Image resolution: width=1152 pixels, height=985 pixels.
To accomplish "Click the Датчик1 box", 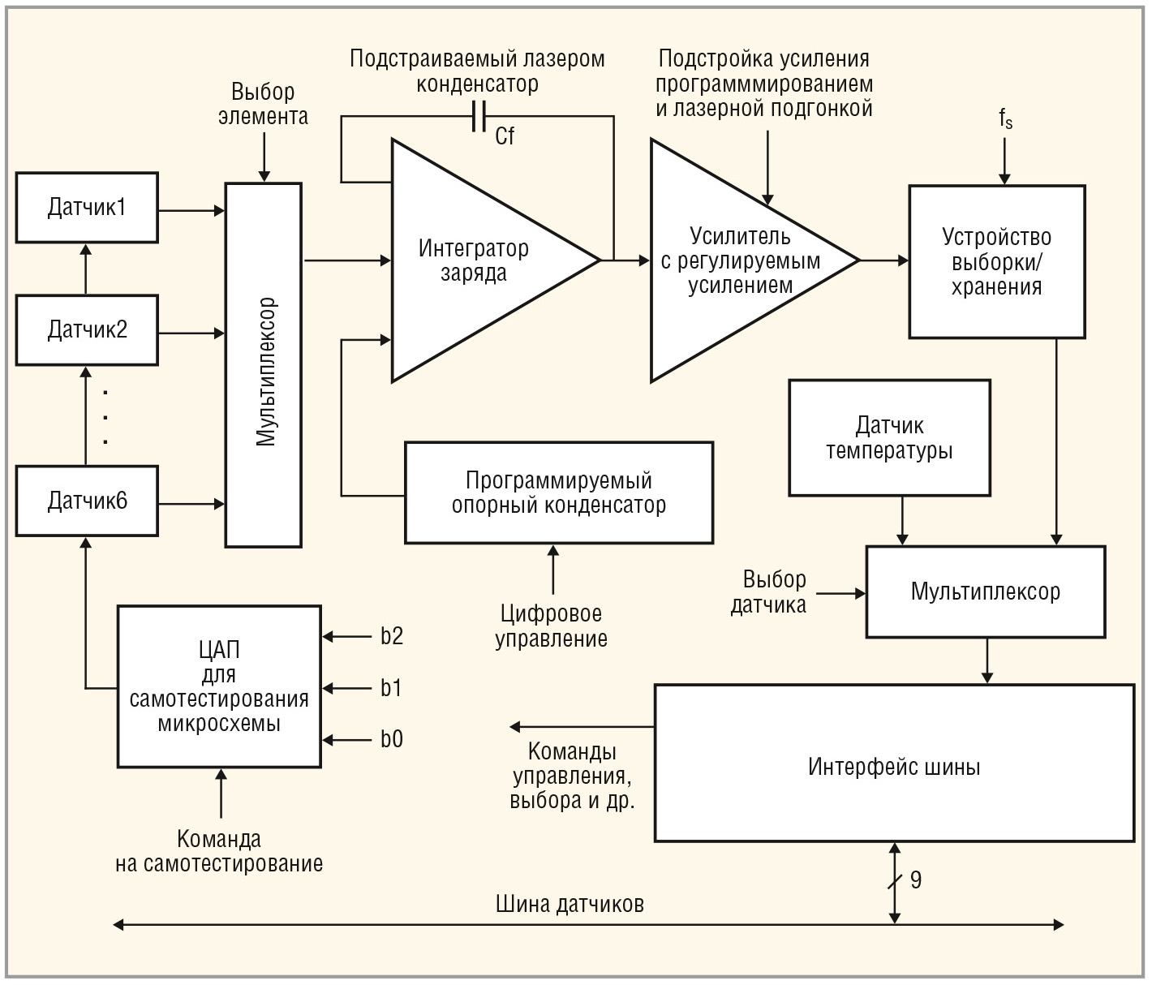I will tap(87, 208).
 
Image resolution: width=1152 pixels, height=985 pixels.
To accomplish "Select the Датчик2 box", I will tap(87, 330).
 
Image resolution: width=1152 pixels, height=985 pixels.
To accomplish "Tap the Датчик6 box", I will tap(87, 501).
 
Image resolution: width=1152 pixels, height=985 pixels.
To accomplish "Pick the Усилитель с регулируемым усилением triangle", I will tap(739, 260).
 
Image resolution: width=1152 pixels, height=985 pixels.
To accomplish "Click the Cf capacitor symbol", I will tap(479, 118).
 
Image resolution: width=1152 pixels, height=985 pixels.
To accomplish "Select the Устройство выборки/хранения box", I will tap(996, 261).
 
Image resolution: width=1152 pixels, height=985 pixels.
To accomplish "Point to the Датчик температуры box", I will tap(889, 438).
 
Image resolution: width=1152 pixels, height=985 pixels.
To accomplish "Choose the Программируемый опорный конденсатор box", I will tap(559, 492).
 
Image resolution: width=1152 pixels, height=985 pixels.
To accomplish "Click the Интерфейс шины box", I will tap(894, 763).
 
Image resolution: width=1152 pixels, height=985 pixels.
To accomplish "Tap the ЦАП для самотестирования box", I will tap(219, 686).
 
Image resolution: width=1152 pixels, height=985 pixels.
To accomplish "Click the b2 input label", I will tap(392, 636).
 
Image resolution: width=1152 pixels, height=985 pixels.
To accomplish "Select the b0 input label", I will tap(392, 739).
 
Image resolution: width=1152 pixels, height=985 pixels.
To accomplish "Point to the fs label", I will tap(1005, 119).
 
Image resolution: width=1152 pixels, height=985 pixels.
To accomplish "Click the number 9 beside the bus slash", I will tap(916, 880).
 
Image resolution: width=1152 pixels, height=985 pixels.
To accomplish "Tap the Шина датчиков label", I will tap(570, 905).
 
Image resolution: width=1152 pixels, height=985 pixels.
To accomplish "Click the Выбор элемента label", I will tap(263, 104).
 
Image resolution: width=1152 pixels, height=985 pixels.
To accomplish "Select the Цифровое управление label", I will tap(552, 626).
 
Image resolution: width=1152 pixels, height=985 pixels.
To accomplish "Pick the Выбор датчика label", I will tap(769, 591).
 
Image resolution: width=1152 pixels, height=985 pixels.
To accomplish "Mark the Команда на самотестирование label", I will tap(219, 851).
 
